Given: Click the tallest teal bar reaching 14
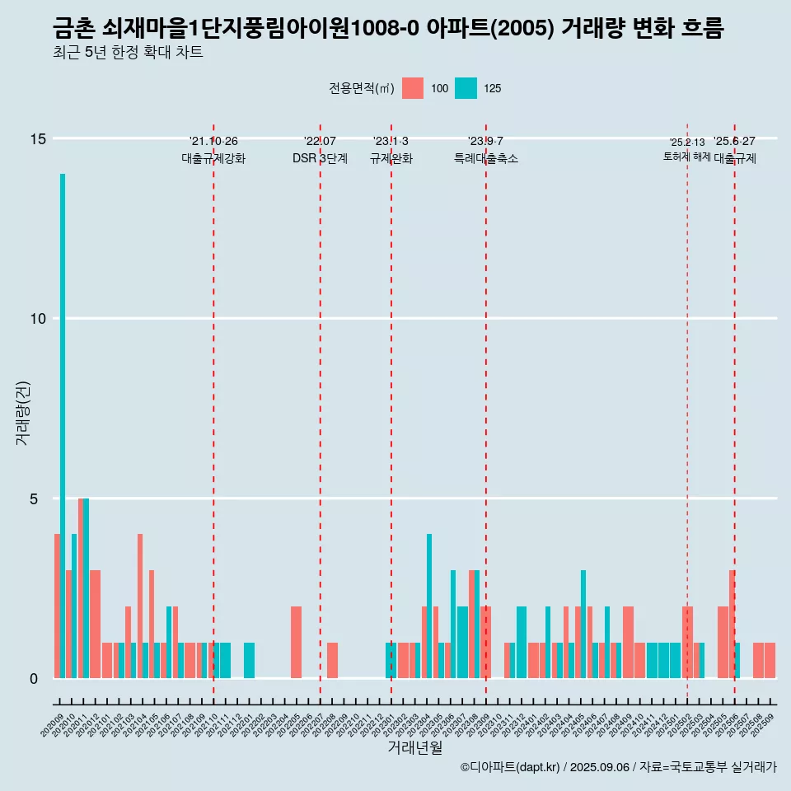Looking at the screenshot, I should pyautogui.click(x=63, y=426).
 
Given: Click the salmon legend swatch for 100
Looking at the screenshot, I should pyautogui.click(x=413, y=88).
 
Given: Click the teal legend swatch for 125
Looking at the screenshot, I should pyautogui.click(x=466, y=88).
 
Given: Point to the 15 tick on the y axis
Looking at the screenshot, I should pyautogui.click(x=38, y=138).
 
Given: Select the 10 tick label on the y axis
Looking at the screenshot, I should pyautogui.click(x=38, y=319).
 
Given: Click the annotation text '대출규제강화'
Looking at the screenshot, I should pyautogui.click(x=213, y=158).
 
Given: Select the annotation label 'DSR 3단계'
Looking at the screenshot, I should pyautogui.click(x=320, y=158).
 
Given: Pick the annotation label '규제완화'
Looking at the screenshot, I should pyautogui.click(x=391, y=158).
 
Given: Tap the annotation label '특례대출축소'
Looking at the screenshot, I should pyautogui.click(x=486, y=158).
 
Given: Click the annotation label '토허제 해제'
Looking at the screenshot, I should pyautogui.click(x=686, y=157).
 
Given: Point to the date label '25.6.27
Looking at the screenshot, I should pyautogui.click(x=734, y=142).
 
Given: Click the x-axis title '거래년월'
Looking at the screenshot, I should pyautogui.click(x=414, y=748).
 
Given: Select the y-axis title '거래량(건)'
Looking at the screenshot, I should pyautogui.click(x=23, y=412).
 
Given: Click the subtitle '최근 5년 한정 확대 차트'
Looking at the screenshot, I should pyautogui.click(x=128, y=53).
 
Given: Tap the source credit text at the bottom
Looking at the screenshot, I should pyautogui.click(x=618, y=767).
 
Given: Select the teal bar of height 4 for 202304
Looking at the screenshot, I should pyautogui.click(x=429, y=606).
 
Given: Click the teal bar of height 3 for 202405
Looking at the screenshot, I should pyautogui.click(x=583, y=625).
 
